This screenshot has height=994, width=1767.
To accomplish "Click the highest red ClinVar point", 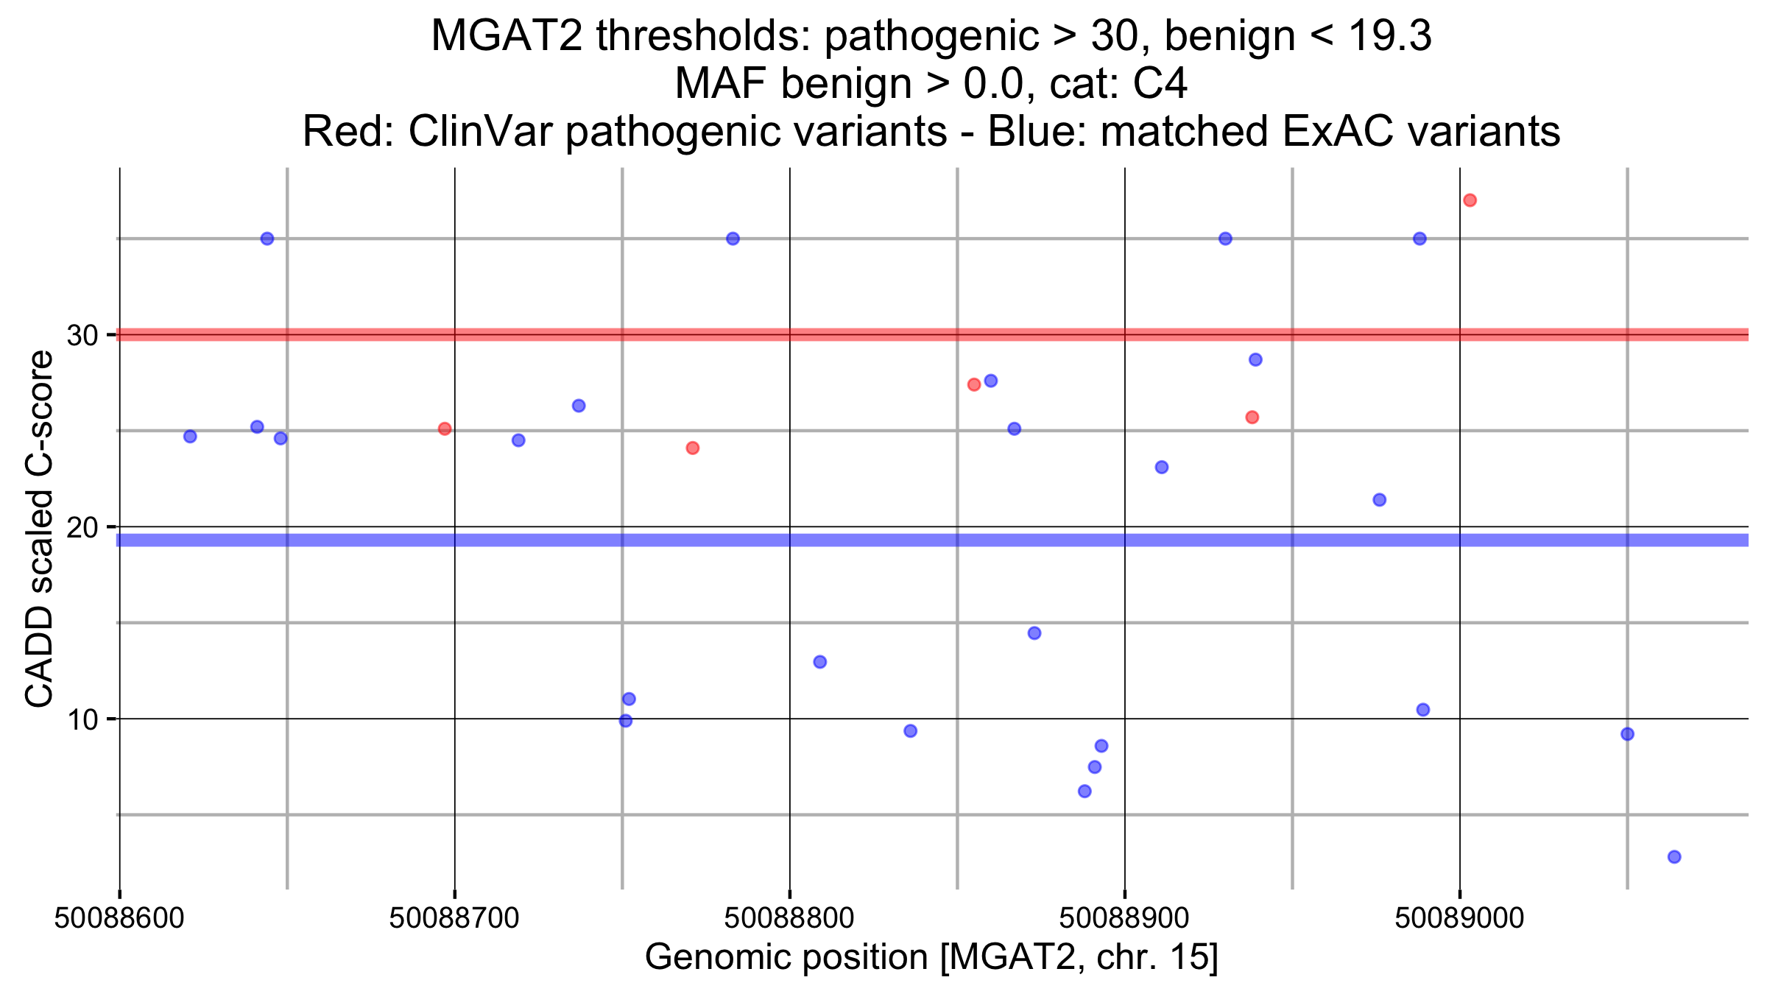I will pos(1470,200).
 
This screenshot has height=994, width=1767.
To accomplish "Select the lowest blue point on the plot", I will pos(1674,856).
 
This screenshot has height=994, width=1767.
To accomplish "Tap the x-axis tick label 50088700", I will pos(454,918).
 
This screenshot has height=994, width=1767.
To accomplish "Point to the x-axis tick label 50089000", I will pos(1459,918).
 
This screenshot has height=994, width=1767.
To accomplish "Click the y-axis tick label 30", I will pos(82,336).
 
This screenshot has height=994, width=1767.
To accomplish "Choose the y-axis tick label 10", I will pos(82,719).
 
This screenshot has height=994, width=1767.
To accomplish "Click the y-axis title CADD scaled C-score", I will pos(40,528).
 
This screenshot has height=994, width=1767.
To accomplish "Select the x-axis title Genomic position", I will pos(931,957).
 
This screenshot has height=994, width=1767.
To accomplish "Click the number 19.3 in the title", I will pos(1390,35).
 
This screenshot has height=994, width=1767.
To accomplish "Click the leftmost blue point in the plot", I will pos(190,437).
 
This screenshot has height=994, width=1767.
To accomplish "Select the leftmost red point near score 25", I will pos(445,429).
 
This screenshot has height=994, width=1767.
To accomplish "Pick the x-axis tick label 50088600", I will pos(119,918).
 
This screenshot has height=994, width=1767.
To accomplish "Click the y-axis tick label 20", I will pos(82,528).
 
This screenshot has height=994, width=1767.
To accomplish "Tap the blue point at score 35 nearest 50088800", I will pos(733,239).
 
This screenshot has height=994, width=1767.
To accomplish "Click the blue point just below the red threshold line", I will pos(1255,359).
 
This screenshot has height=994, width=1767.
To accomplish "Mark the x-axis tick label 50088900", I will pos(1124,918).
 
